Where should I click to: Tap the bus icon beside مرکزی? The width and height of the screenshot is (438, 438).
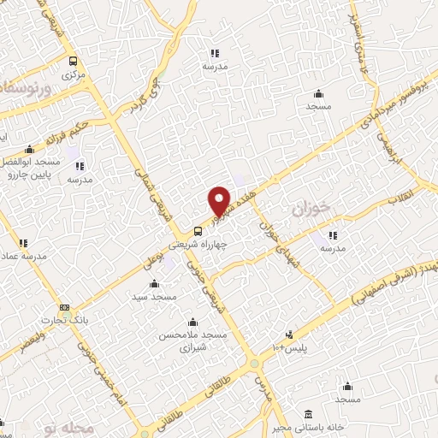73,61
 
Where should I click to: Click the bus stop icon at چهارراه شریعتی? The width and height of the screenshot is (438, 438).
198,229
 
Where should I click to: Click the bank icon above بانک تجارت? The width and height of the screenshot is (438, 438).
63,307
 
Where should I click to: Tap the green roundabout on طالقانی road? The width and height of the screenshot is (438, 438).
256,365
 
